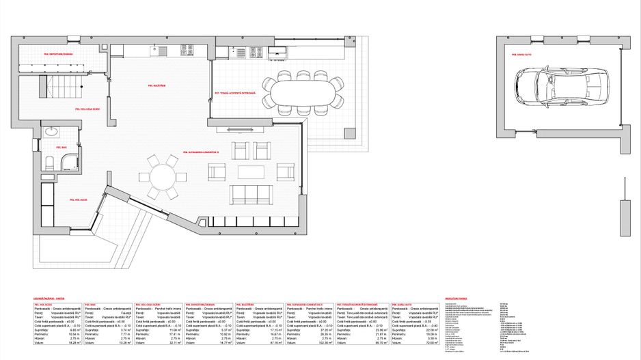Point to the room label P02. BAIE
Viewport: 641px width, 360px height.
pyautogui.click(x=61, y=147)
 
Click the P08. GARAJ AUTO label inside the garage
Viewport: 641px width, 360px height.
pyautogui.click(x=522, y=53)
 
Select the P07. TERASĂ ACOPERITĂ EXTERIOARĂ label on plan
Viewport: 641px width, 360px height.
pyautogui.click(x=234, y=93)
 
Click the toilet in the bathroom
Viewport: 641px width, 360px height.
pyautogui.click(x=49, y=163)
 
